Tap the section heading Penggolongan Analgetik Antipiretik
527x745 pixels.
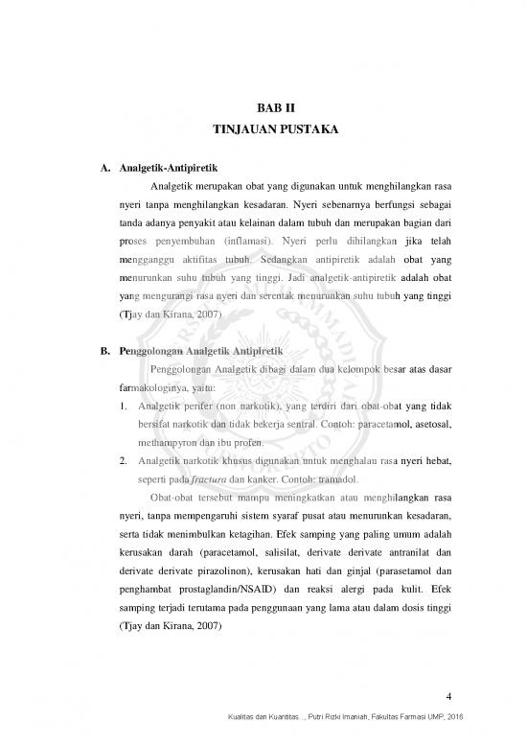204,347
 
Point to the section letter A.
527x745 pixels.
103,170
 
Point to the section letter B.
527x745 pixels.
103,347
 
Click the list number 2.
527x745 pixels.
109,459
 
